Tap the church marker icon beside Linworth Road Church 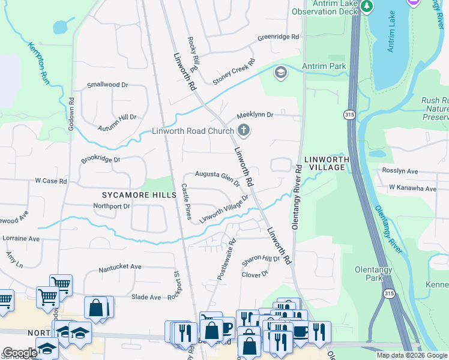coord(243,130)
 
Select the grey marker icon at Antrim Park coord(280,73)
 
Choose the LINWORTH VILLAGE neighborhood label coord(325,163)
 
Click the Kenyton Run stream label coord(37,62)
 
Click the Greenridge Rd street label coord(278,37)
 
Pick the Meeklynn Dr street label coord(255,114)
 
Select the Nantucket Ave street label coord(119,266)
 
